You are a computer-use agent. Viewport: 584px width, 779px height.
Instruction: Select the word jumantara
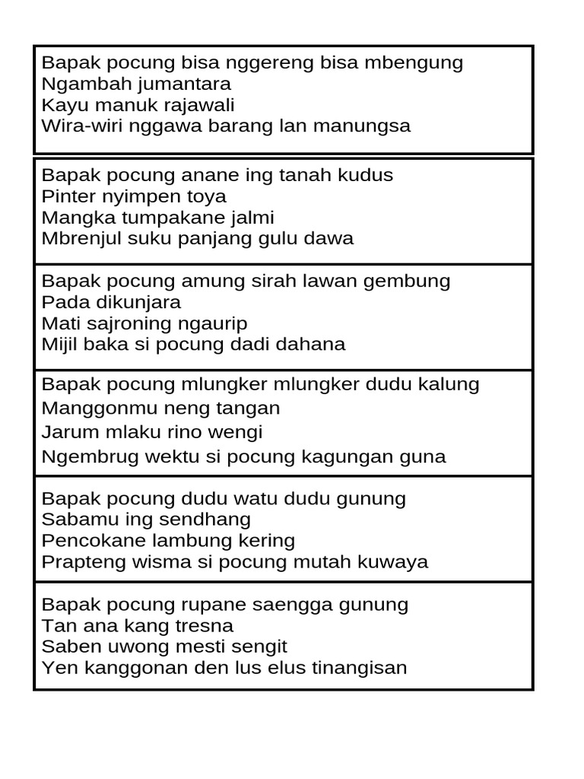pos(184,84)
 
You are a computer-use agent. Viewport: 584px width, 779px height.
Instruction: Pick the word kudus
pos(367,176)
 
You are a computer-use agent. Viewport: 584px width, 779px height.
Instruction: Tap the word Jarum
pos(65,433)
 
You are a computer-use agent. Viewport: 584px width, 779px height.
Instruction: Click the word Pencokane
pos(88,541)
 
